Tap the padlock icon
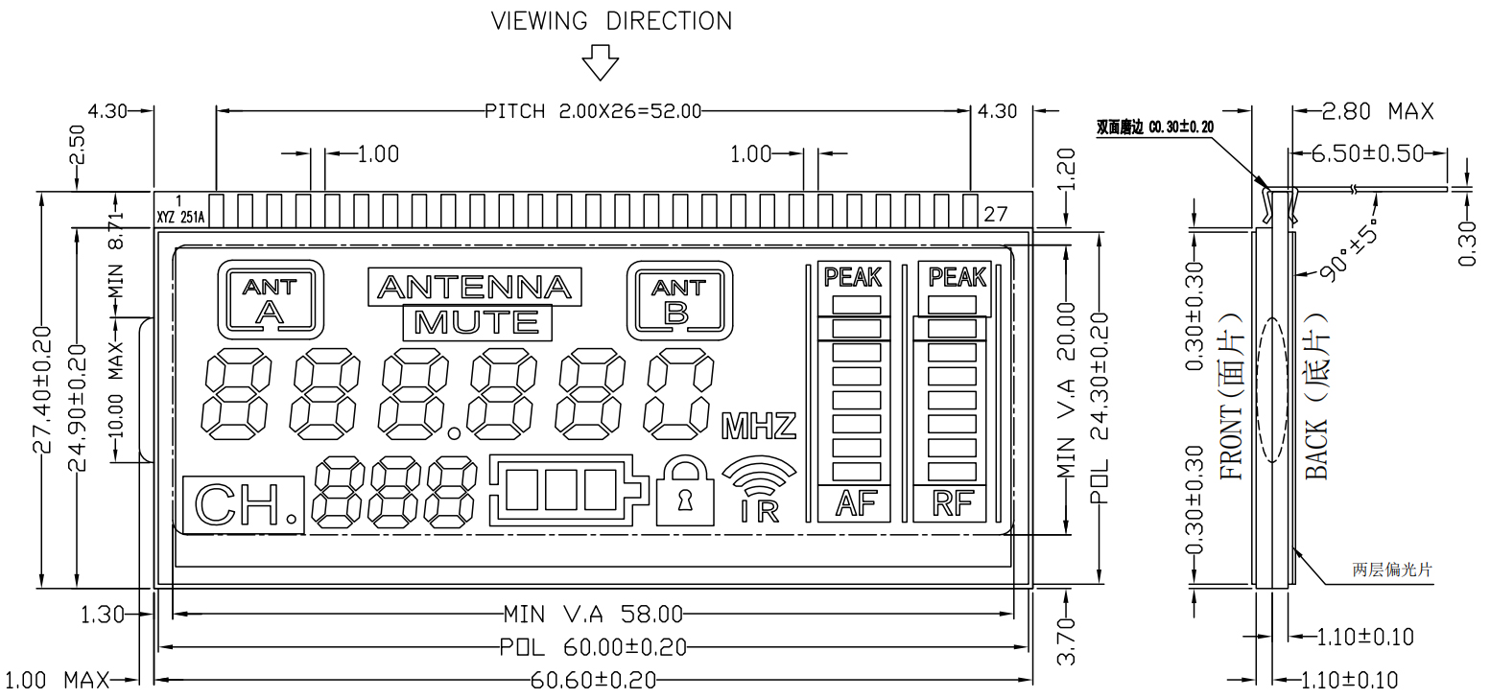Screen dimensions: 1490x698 pyautogui.click(x=684, y=492)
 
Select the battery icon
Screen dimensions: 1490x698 pyautogui.click(x=569, y=491)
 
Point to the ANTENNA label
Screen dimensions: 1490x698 pyautogui.click(x=475, y=288)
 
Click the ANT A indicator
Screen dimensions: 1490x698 pyautogui.click(x=270, y=300)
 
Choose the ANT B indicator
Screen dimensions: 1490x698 pyautogui.click(x=679, y=301)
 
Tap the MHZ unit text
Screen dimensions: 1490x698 pyautogui.click(x=759, y=426)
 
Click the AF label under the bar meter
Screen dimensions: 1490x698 pyautogui.click(x=856, y=503)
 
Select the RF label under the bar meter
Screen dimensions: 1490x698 pyautogui.click(x=953, y=503)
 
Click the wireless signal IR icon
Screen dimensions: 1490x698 pyautogui.click(x=759, y=489)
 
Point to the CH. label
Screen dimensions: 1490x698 pyautogui.click(x=244, y=504)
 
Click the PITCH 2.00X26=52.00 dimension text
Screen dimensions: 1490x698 pyautogui.click(x=593, y=111)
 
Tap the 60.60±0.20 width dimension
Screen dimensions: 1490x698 pyautogui.click(x=593, y=680)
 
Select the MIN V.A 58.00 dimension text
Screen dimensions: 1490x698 pyautogui.click(x=593, y=614)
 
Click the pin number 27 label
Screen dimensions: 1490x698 pyautogui.click(x=996, y=214)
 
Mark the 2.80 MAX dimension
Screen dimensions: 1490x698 pyautogui.click(x=1377, y=111)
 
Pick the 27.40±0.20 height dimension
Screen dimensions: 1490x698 pyautogui.click(x=42, y=389)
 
